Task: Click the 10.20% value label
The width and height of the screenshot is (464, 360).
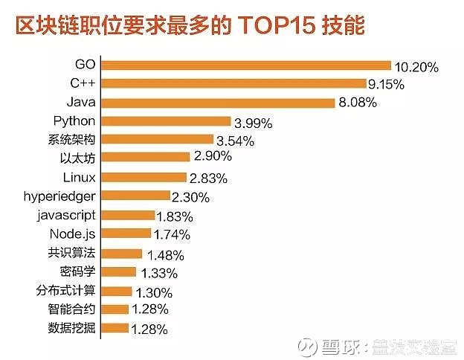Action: pos(416,67)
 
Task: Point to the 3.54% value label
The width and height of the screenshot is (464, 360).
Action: pos(234,141)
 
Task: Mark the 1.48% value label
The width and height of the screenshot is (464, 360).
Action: pos(163,255)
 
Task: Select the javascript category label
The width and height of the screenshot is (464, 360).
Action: pos(66,215)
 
